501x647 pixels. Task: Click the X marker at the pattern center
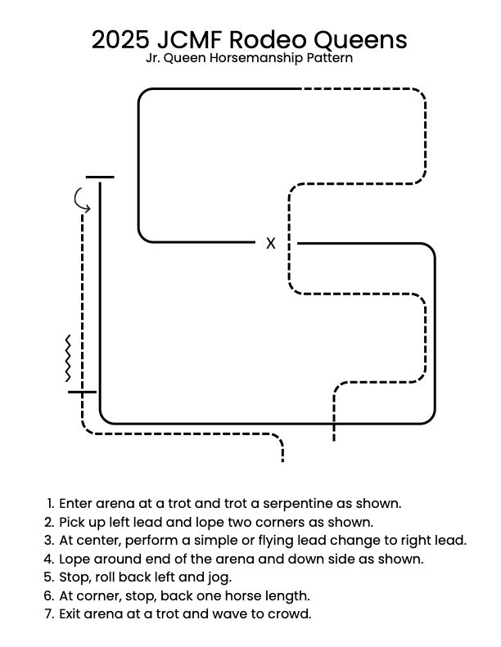click(271, 243)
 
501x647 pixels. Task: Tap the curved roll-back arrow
click(81, 199)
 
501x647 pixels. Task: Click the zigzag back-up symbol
click(68, 358)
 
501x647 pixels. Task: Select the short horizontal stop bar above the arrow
click(100, 177)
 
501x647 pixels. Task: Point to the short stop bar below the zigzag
click(82, 392)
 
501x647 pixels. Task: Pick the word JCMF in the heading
click(198, 39)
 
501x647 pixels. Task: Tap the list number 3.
click(51, 540)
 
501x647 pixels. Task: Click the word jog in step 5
click(218, 577)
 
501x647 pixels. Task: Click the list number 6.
click(51, 595)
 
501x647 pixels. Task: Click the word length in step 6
click(291, 595)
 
